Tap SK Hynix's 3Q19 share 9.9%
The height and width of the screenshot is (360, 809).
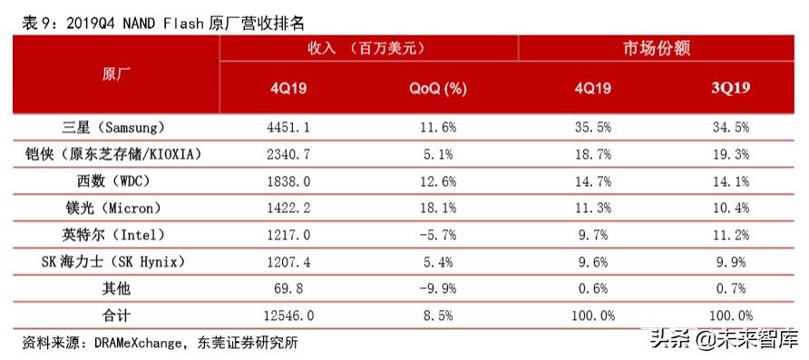click(x=729, y=262)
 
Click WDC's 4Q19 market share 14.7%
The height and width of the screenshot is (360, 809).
click(x=592, y=181)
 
